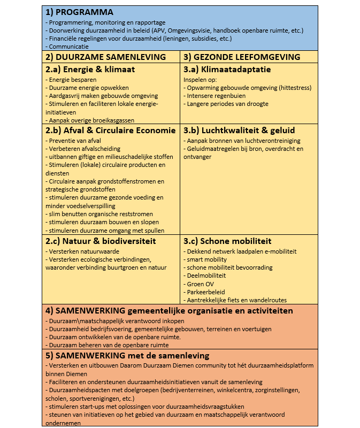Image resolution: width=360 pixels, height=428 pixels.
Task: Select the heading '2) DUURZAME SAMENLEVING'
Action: point(105,57)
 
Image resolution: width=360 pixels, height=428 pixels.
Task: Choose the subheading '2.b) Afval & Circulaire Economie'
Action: point(111,131)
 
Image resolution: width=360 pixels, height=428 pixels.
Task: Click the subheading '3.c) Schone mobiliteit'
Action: point(227,241)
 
